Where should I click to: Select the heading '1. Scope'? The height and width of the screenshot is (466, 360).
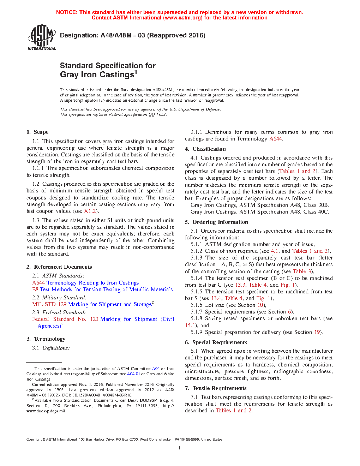(37, 132)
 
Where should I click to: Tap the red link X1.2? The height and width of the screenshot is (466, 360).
(90, 211)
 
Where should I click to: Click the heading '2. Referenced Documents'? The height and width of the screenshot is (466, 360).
(59, 267)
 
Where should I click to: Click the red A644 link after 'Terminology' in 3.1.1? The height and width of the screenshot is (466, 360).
(275, 139)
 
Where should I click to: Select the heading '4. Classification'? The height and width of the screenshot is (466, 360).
(205, 149)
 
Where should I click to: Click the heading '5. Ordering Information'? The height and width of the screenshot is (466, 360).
(216, 222)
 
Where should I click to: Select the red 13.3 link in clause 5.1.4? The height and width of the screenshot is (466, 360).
(240, 285)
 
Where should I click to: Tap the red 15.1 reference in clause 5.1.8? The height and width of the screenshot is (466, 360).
(190, 325)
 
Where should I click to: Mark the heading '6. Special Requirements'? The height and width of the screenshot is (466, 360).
(216, 342)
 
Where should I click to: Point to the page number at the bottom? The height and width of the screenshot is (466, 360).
(180, 448)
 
